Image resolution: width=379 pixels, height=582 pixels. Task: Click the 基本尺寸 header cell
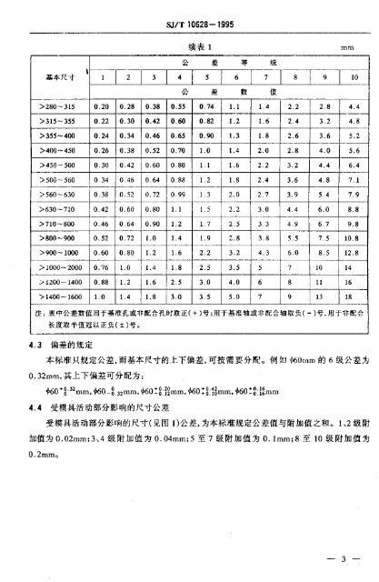[50, 79]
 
